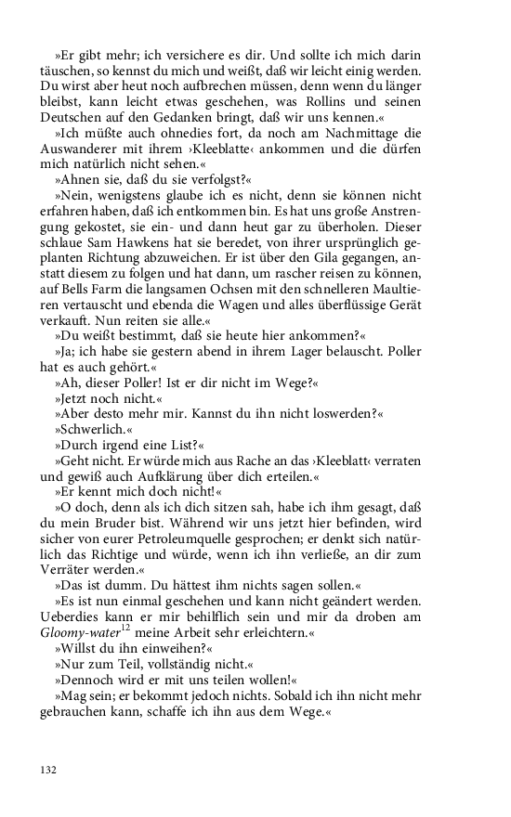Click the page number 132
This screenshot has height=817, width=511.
click(49, 770)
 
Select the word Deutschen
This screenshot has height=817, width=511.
click(72, 118)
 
